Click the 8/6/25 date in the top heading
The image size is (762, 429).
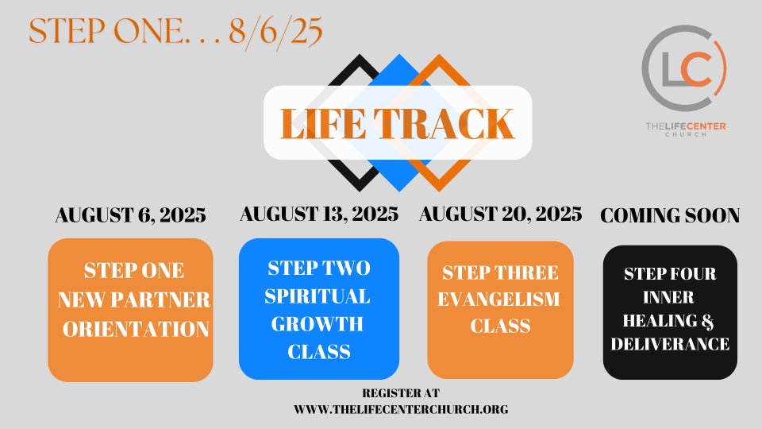tap(275, 32)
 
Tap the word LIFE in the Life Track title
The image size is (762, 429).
tap(323, 124)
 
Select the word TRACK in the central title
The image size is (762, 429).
tap(444, 124)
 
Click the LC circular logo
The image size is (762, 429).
tap(683, 67)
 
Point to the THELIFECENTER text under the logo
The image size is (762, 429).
tap(686, 126)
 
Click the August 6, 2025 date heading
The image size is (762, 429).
tap(130, 215)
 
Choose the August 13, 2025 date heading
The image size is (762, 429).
tap(319, 214)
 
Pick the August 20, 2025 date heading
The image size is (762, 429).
tap(501, 214)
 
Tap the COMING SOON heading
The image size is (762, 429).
tap(670, 215)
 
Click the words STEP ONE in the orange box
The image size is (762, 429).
tap(134, 270)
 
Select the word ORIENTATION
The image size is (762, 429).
tap(136, 329)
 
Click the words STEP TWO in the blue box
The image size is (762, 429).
tap(319, 268)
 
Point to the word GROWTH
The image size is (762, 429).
tap(317, 324)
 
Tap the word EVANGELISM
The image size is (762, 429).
tap(498, 300)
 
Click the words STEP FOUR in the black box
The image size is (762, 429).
tap(670, 274)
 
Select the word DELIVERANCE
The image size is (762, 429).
tap(670, 344)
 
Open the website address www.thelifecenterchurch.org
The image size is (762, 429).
tap(401, 410)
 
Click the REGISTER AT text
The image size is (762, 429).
tap(401, 393)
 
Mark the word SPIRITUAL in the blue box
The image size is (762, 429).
tap(317, 296)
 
